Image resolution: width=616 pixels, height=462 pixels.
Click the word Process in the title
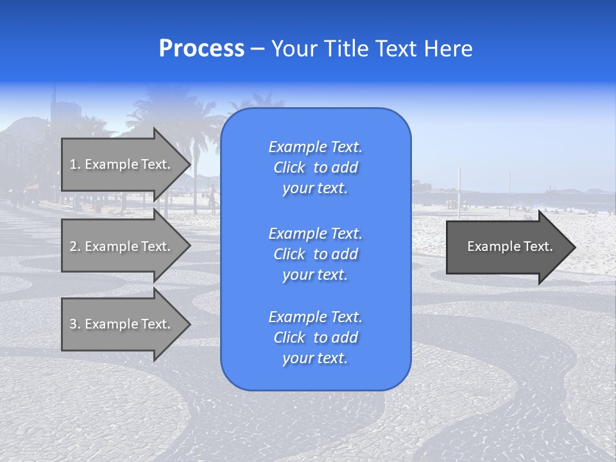(201, 49)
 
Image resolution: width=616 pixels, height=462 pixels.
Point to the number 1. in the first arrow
(75, 164)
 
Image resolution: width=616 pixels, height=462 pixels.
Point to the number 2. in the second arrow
(75, 246)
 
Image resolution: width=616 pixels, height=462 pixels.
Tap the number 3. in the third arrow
(75, 324)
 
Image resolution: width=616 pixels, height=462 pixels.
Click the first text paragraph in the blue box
(315, 167)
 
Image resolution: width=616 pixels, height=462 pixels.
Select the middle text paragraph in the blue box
(315, 254)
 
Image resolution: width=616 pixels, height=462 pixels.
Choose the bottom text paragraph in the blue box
(315, 338)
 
